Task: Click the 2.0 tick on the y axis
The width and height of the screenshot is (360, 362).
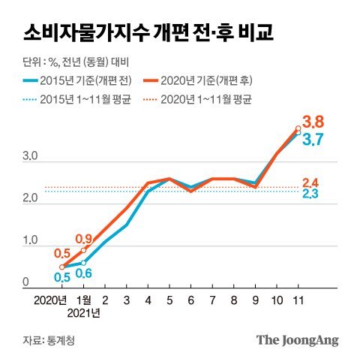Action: click(31, 198)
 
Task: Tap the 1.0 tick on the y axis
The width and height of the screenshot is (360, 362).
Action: click(31, 240)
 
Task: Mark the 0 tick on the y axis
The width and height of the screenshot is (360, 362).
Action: click(25, 282)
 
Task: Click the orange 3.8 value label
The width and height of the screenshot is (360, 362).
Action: click(313, 121)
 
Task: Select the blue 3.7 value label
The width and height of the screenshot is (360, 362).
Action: click(313, 139)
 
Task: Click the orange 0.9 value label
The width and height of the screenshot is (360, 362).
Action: click(83, 240)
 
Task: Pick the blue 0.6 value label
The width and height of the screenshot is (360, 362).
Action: click(83, 273)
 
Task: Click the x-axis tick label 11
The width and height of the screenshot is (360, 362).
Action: click(298, 300)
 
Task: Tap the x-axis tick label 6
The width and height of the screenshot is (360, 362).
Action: click(191, 300)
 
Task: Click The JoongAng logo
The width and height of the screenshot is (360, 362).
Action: click(298, 340)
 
